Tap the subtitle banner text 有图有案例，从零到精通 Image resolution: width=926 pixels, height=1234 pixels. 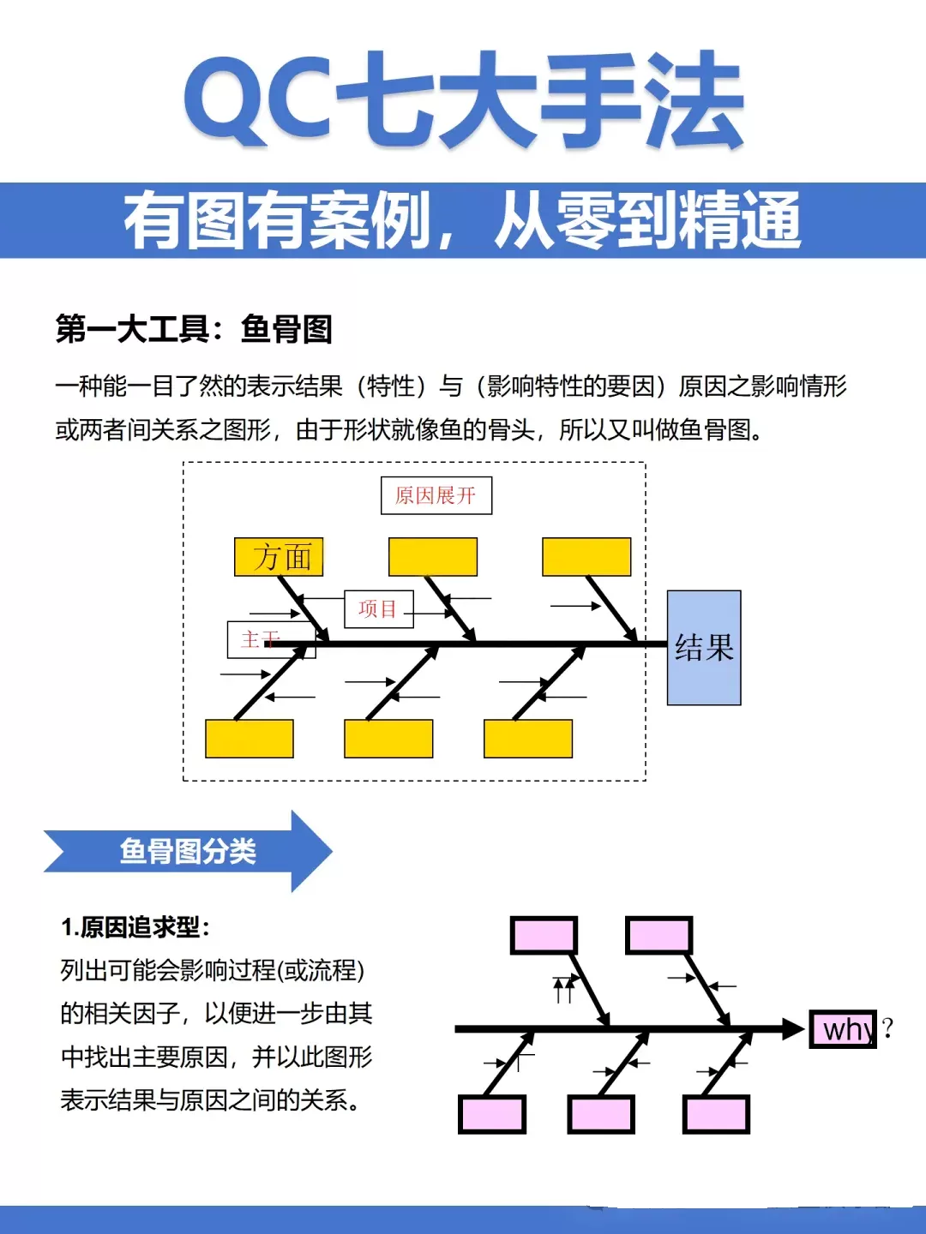click(462, 220)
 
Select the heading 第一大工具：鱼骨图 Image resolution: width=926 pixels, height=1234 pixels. click(194, 329)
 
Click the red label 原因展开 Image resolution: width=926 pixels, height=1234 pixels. click(436, 495)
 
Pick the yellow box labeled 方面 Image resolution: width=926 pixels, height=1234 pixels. click(279, 556)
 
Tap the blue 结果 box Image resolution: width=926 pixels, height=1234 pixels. click(704, 648)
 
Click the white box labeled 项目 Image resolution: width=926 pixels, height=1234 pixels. click(378, 608)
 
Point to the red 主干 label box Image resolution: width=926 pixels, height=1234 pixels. click(271, 640)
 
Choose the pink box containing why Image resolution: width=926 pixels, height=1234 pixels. click(843, 1029)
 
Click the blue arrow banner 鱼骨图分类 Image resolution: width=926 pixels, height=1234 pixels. click(189, 851)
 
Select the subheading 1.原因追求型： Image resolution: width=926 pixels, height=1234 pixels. click(135, 927)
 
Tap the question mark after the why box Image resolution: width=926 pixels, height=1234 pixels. click(887, 1028)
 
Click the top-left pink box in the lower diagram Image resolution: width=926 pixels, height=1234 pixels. click(544, 936)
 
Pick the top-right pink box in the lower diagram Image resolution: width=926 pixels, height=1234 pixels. click(658, 936)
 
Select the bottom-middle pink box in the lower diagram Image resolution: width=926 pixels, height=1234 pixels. click(601, 1114)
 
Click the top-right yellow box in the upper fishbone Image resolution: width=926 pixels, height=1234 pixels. click(586, 556)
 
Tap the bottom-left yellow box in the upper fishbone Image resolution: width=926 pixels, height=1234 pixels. click(249, 739)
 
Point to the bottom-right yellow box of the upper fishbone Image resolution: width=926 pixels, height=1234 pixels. click(528, 739)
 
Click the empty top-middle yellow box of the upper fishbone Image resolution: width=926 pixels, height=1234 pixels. click(433, 556)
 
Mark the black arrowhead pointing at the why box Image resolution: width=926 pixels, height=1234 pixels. click(794, 1029)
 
